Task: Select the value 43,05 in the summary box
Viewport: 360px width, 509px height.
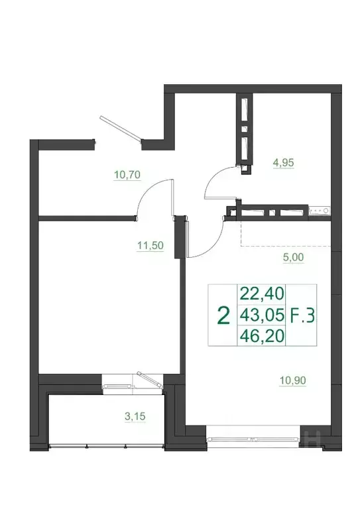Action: click(x=261, y=315)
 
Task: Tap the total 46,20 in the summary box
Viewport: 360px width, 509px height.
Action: click(x=261, y=336)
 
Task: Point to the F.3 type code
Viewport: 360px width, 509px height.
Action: click(x=303, y=315)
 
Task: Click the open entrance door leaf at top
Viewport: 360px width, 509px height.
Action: click(x=121, y=128)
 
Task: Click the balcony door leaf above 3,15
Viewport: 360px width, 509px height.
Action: click(x=149, y=381)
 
